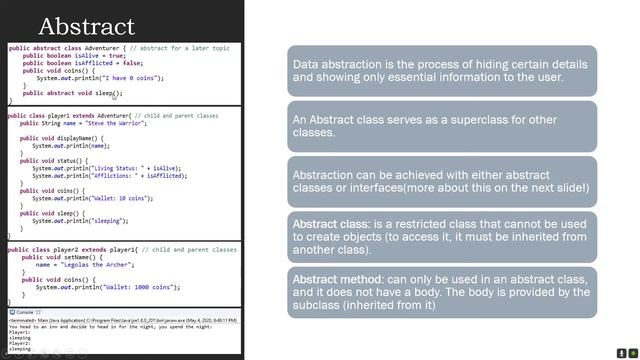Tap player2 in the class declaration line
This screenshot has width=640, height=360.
pyautogui.click(x=59, y=247)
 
